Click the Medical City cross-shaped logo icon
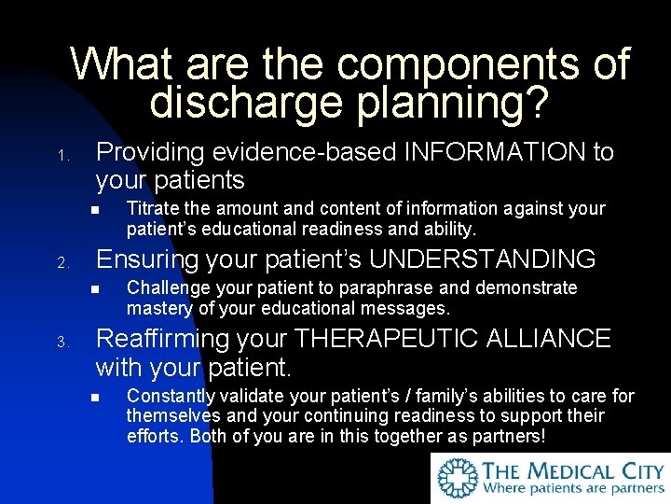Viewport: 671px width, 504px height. pos(458,478)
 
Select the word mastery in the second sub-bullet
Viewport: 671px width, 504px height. pos(156,307)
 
